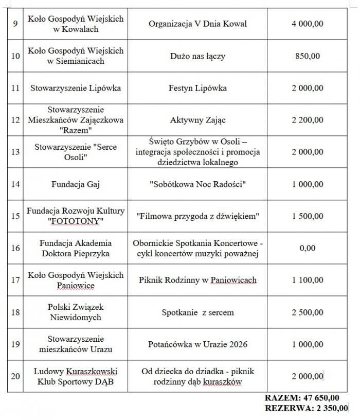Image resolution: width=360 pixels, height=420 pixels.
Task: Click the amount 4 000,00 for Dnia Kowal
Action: [x=308, y=24]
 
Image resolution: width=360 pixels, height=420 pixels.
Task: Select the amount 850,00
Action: [x=308, y=56]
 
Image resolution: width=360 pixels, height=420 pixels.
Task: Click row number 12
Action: [x=15, y=120]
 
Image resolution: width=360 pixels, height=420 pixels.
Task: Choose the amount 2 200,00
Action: [x=308, y=120]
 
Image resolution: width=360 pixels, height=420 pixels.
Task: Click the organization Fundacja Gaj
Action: [x=76, y=184]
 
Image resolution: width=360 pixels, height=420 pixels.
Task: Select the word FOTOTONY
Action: [x=76, y=221]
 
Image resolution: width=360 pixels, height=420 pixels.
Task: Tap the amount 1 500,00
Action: [x=308, y=216]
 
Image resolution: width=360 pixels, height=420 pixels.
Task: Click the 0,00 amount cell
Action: [x=308, y=248]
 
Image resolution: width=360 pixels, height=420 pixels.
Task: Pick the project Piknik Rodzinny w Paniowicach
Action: [x=197, y=280]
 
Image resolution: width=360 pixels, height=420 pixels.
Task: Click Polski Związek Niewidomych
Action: [x=76, y=312]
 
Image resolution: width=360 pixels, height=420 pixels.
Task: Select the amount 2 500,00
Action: [x=308, y=312]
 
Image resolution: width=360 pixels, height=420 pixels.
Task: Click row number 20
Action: [x=15, y=376]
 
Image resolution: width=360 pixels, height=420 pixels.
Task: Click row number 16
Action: [x=15, y=248]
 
